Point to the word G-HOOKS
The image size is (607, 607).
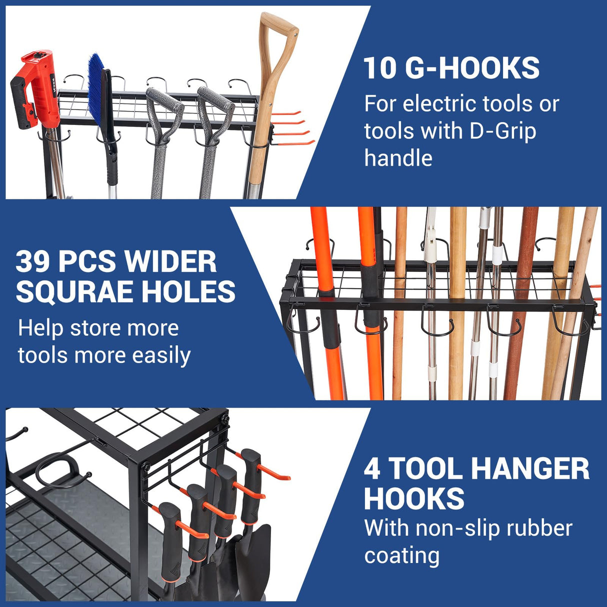472,68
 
